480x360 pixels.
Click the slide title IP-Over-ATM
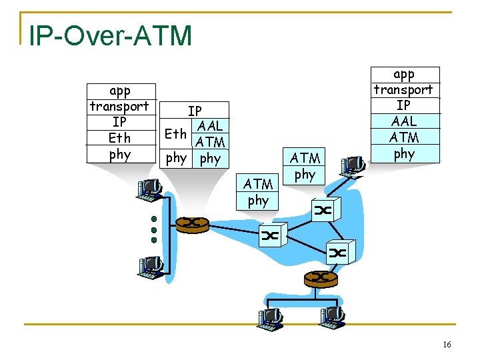(110, 35)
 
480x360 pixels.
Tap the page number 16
(446, 343)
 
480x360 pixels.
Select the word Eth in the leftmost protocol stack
(120, 138)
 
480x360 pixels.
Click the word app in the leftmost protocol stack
(120, 90)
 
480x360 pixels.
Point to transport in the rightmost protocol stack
(403, 89)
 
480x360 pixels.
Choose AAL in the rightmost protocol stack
(404, 121)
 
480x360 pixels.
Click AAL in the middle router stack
(210, 126)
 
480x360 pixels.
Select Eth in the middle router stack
(175, 133)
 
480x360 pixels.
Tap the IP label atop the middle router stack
(195, 111)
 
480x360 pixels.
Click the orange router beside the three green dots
(191, 223)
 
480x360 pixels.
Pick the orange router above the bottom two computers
(321, 277)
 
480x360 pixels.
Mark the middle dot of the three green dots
(153, 229)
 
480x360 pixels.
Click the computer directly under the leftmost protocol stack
(149, 190)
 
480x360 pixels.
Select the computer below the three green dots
(151, 267)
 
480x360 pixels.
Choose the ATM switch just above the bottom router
(337, 253)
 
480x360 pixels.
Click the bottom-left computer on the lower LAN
(271, 319)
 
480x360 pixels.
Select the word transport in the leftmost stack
(120, 106)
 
